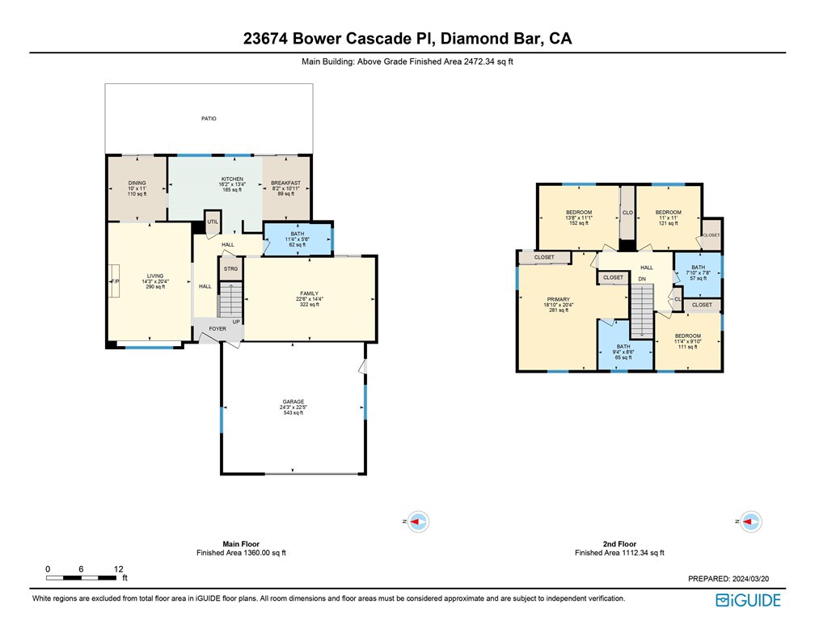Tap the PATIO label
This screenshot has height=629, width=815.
209,119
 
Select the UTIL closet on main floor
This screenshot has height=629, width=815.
213,222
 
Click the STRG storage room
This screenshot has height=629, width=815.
230,268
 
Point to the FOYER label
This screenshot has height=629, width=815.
217,329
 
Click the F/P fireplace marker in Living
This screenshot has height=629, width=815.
114,281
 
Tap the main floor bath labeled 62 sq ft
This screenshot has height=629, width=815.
298,239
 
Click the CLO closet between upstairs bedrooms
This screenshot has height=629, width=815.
627,213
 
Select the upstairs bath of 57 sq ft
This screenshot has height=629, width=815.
698,272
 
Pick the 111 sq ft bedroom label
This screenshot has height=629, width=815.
688,340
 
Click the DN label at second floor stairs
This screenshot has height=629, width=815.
642,280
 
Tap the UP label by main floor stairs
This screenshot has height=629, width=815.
236,322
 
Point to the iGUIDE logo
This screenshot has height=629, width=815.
748,600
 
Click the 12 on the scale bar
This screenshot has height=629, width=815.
118,569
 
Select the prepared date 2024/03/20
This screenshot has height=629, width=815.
757,579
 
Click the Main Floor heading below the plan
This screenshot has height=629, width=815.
241,544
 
